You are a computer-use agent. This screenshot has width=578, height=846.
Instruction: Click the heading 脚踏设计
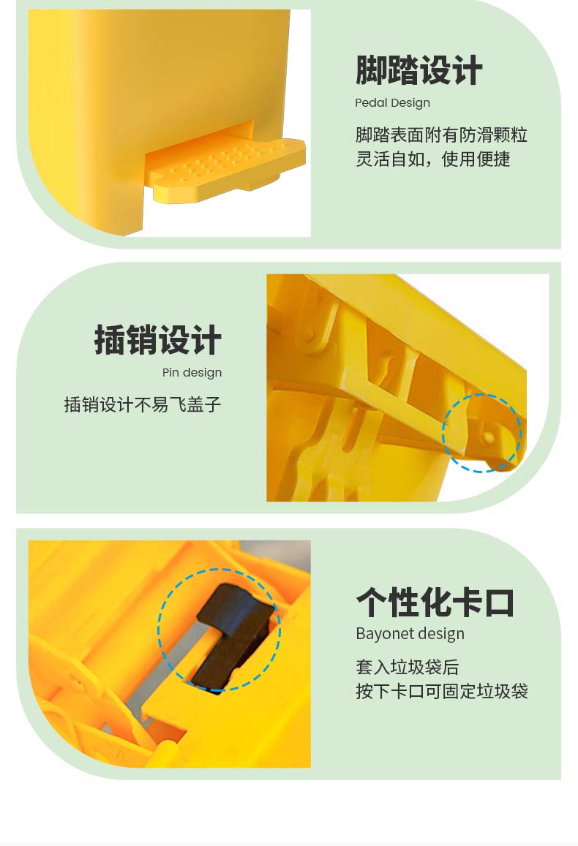(x=419, y=70)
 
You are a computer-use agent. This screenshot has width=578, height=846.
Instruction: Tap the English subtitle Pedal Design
(x=392, y=102)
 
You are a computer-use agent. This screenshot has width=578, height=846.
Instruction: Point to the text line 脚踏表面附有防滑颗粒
(x=441, y=135)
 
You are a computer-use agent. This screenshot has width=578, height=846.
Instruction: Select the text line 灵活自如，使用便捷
(x=433, y=159)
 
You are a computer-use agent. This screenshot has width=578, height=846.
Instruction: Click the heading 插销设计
(x=158, y=340)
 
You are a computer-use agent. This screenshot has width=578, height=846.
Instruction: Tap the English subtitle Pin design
(x=192, y=372)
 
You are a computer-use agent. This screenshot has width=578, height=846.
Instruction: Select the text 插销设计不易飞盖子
(x=143, y=404)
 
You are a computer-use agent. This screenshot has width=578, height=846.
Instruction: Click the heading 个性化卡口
(x=435, y=602)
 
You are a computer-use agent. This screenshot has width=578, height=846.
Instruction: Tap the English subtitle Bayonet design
(x=410, y=633)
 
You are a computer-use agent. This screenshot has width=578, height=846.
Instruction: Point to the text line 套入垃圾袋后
(x=407, y=667)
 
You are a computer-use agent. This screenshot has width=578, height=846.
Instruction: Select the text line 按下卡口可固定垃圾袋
(x=441, y=690)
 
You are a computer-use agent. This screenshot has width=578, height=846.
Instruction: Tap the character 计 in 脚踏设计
(x=468, y=70)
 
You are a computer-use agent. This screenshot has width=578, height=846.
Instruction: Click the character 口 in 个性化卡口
(x=499, y=602)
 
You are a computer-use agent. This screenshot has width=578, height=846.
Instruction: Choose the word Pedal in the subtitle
(x=369, y=102)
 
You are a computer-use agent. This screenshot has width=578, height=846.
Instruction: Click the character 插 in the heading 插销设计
(x=110, y=340)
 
